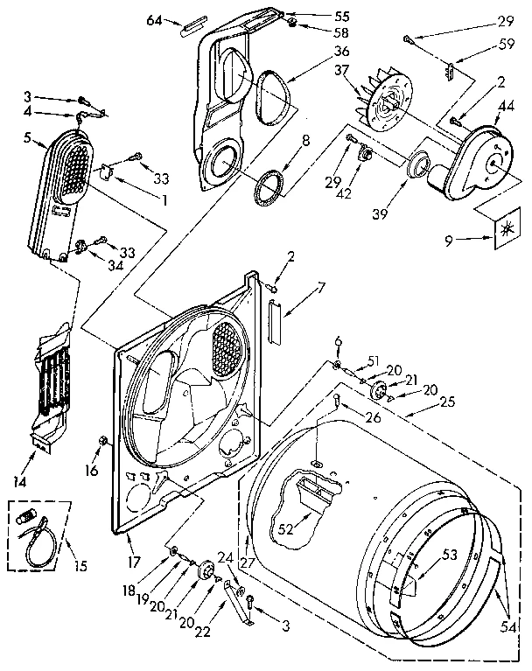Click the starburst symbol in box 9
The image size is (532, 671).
click(505, 231)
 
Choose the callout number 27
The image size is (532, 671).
click(247, 564)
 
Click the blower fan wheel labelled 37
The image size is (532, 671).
click(386, 102)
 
